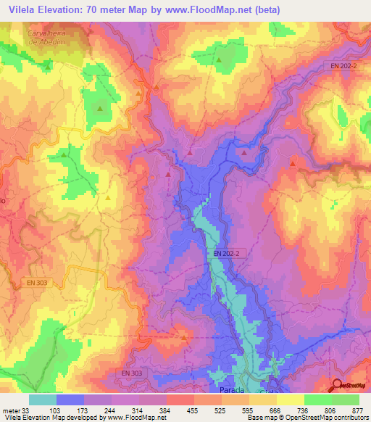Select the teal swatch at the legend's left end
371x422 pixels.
tap(43, 400)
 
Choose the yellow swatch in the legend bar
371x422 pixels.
tap(291, 400)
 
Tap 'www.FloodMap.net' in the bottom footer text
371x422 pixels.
tap(141, 418)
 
